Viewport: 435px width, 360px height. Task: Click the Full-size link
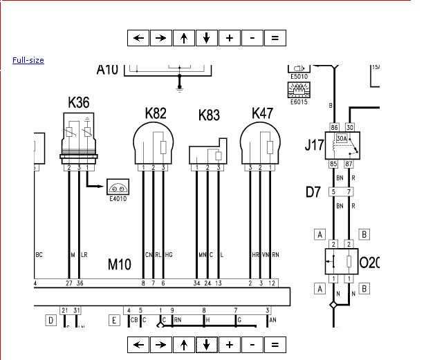(28, 60)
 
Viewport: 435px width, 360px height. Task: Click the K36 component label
(78, 103)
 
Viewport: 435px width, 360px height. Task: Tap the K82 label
(156, 113)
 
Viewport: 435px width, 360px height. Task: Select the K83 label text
(209, 115)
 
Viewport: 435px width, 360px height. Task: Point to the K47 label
(262, 113)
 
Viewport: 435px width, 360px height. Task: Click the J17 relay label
(315, 145)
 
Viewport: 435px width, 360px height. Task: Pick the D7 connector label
(313, 191)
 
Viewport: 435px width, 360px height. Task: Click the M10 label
(120, 264)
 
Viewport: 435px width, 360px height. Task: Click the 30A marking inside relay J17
(342, 139)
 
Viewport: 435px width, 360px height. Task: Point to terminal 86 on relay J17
(334, 127)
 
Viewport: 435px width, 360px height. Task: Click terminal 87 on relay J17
(349, 164)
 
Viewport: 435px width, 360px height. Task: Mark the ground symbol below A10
(180, 87)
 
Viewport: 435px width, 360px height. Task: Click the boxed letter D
(50, 320)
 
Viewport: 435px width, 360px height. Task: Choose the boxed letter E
(114, 320)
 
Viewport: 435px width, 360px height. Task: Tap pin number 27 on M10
(69, 283)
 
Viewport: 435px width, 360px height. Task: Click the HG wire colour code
(168, 255)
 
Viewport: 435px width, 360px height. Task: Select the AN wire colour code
(272, 320)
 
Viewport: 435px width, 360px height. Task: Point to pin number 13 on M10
(219, 283)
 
